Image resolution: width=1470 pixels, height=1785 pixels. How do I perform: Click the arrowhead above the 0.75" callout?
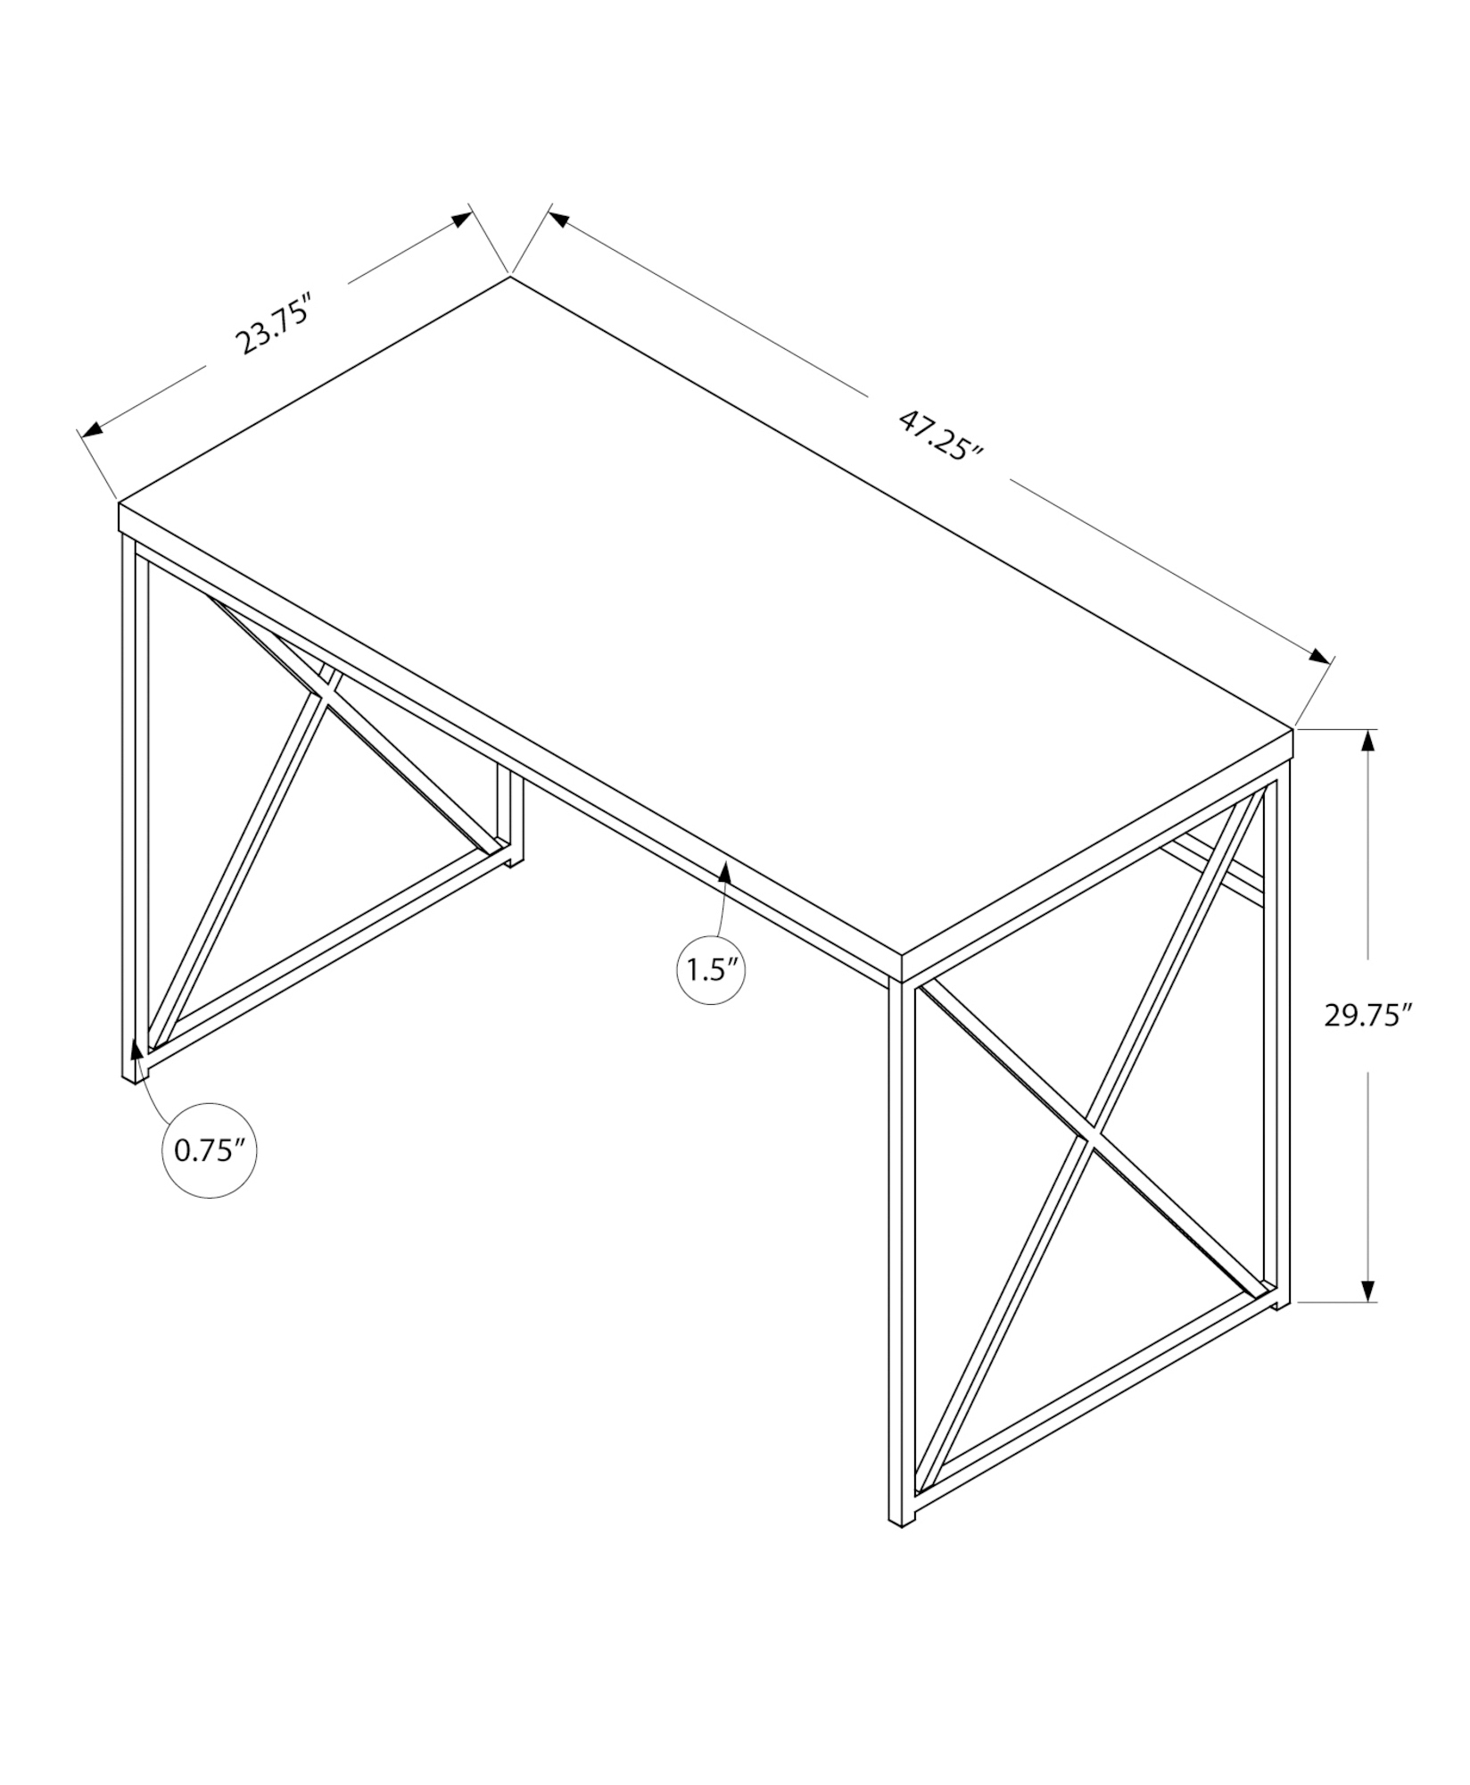[x=136, y=1049]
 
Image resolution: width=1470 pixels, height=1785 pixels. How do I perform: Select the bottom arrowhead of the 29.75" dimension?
[x=1367, y=1290]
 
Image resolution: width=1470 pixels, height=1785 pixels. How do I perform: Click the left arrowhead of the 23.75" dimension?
[x=93, y=429]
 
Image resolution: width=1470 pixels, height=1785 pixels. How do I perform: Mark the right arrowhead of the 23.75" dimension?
[x=460, y=220]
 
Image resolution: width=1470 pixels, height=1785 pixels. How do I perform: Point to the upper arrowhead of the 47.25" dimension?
[x=559, y=217]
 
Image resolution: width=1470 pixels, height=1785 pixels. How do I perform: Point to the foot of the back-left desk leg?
[x=516, y=860]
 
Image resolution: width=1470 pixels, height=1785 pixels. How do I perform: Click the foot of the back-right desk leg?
[x=1282, y=1304]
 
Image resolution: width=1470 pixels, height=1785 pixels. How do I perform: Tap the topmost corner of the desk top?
[x=509, y=277]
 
